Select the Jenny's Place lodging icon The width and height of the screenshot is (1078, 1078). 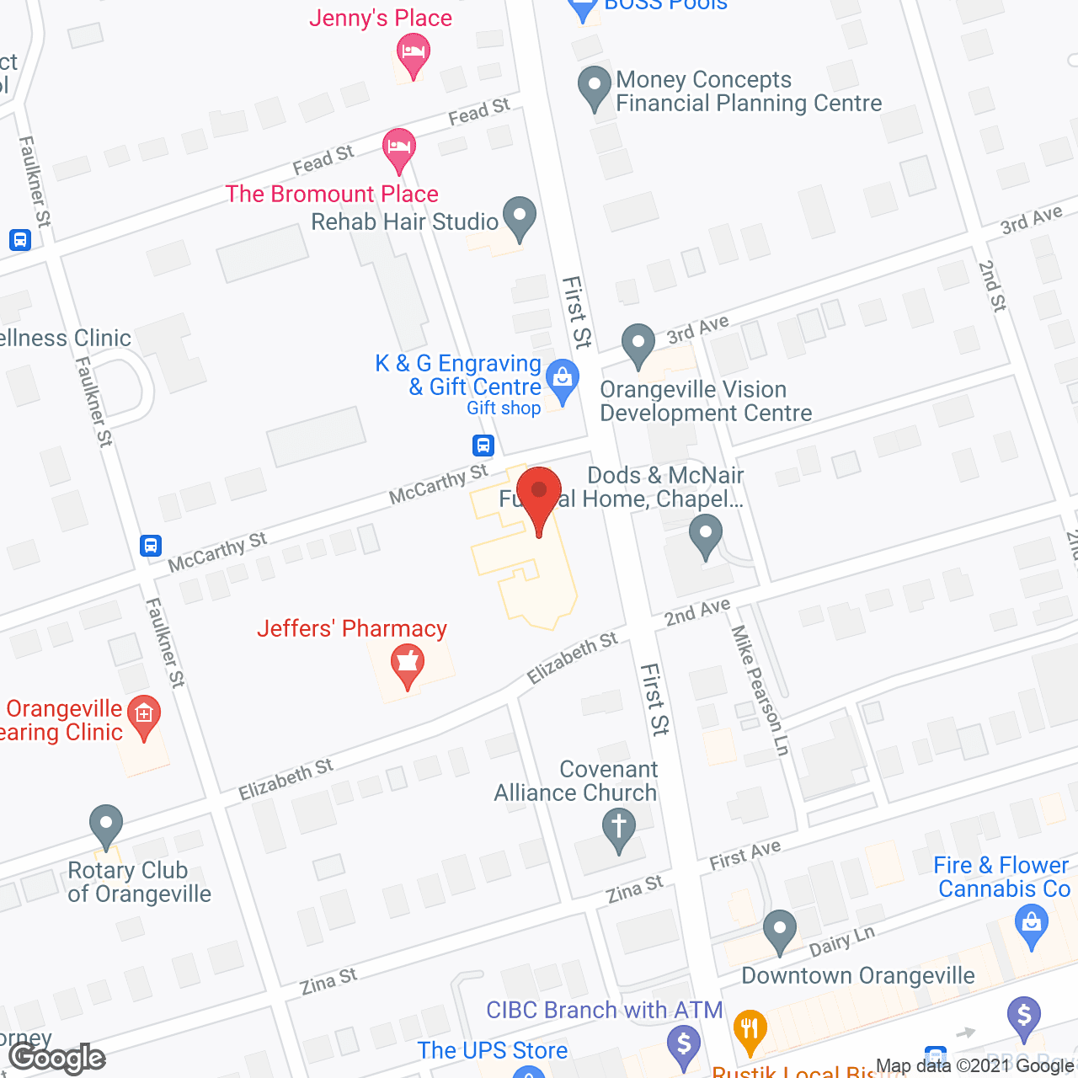pyautogui.click(x=413, y=53)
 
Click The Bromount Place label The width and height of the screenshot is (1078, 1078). pyautogui.click(x=332, y=195)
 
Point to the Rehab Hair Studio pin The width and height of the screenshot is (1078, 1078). pyautogui.click(x=520, y=217)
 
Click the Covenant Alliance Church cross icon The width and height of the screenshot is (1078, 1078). pyautogui.click(x=619, y=829)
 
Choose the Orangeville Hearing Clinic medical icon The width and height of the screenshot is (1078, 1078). pyautogui.click(x=144, y=716)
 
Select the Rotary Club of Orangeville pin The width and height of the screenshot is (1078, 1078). pyautogui.click(x=106, y=825)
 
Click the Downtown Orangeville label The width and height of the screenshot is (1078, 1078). pyautogui.click(x=858, y=976)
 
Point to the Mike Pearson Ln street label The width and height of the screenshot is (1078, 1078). pyautogui.click(x=760, y=690)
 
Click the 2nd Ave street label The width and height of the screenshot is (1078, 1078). pyautogui.click(x=697, y=612)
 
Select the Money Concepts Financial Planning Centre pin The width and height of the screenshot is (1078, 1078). pyautogui.click(x=595, y=86)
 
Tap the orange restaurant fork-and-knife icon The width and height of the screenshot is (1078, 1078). pyautogui.click(x=750, y=1030)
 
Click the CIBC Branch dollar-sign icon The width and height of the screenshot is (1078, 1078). pyautogui.click(x=684, y=1045)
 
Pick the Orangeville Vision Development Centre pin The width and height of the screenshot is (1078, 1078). pyautogui.click(x=638, y=344)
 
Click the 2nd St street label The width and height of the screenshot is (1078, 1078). pyautogui.click(x=992, y=286)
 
